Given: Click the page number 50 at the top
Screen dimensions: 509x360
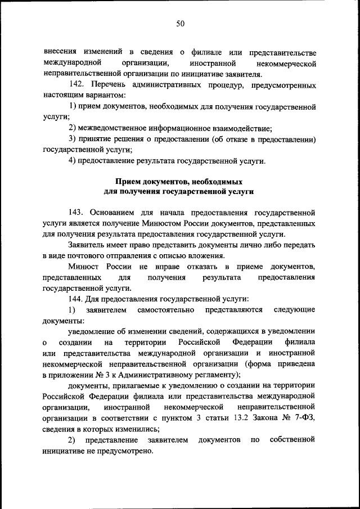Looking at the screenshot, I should click(180, 23).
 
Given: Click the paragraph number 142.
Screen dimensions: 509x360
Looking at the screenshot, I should click(76, 85).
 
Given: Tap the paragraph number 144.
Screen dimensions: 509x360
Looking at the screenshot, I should click(76, 299).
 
